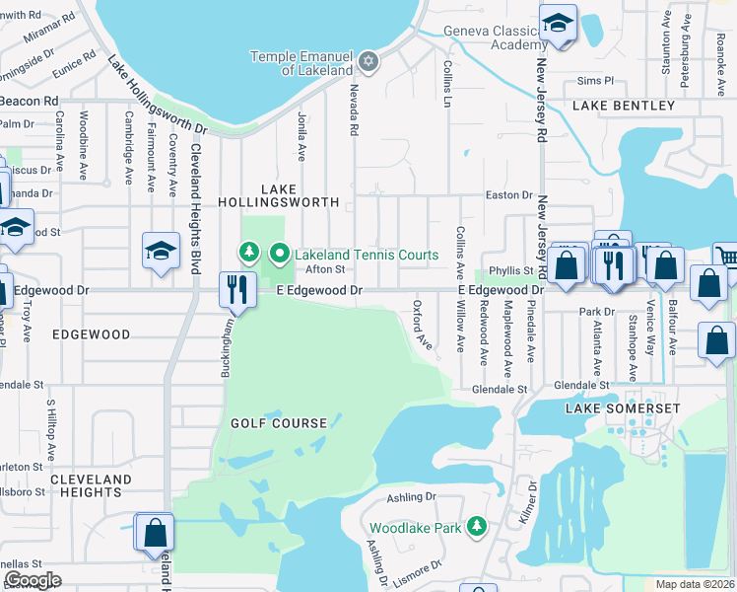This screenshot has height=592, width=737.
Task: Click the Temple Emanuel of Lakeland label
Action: coord(301,63)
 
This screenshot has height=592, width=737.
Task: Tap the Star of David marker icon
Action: coord(368,62)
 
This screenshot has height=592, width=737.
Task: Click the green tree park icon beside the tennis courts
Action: coord(250,254)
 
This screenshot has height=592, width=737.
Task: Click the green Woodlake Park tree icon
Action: coord(477,527)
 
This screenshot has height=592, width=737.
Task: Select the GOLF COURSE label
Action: coord(279,423)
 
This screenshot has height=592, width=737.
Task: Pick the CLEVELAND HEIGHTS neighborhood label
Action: coord(91,485)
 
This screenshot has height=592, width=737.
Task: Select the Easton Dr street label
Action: coord(509,195)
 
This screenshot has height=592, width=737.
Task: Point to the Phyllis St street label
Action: coord(512,270)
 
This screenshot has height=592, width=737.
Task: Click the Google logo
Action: coord(33,580)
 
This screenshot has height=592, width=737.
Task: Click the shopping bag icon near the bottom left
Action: coord(155,532)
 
